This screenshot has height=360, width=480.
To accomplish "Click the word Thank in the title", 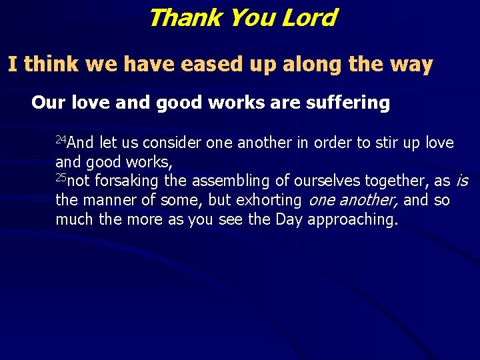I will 185,17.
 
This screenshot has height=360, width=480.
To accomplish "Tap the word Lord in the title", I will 308,17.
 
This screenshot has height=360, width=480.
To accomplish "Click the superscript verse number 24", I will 60,139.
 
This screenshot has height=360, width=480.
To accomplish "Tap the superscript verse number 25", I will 61,177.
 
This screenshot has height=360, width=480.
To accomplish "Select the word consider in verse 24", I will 172,143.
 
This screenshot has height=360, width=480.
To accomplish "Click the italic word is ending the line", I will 461,181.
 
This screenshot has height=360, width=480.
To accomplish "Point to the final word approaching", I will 353,220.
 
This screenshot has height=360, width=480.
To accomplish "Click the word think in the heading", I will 51,65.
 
